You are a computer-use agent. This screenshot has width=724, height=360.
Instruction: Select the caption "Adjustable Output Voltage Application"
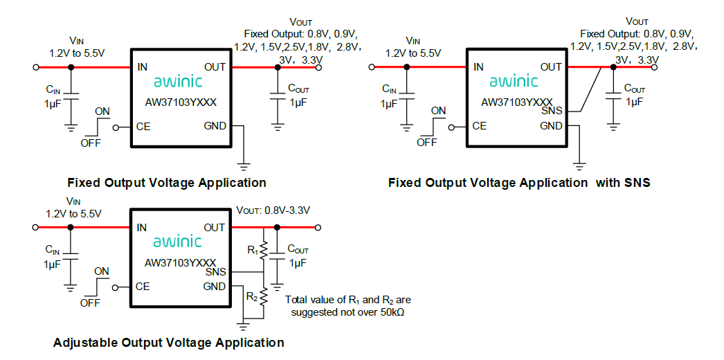point(168,343)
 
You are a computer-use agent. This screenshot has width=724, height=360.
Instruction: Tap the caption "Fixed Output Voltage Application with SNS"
point(519,183)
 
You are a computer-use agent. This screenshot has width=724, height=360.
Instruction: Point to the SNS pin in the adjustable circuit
point(215,272)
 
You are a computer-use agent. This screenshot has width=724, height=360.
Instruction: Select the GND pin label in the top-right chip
point(551,126)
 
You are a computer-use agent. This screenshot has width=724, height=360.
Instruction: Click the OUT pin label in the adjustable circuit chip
point(215,228)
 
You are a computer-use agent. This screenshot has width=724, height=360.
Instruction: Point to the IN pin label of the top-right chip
point(478,67)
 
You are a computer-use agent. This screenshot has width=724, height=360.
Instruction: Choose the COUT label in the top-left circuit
point(299,89)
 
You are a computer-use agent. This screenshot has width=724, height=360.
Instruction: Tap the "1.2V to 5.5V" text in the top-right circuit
point(413,53)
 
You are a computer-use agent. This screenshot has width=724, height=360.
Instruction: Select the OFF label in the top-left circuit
point(91,143)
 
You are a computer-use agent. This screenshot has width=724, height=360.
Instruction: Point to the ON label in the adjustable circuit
point(102,271)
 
